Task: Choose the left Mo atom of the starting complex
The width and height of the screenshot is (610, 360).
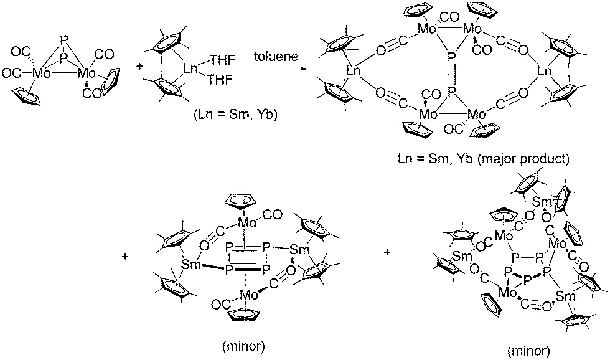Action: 42,73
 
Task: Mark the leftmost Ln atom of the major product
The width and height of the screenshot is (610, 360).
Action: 354,72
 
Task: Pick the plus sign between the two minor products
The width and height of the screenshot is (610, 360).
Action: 388,252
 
